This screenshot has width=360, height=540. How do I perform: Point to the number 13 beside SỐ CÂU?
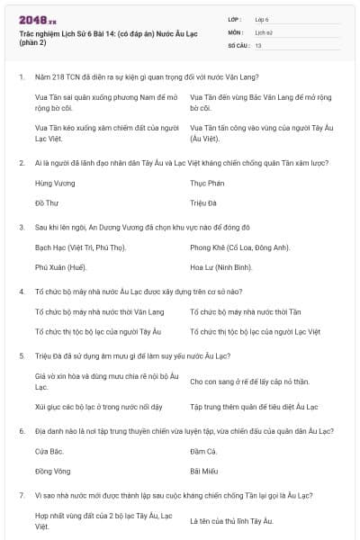[258, 44]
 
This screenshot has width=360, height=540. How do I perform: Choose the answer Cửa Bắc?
[49, 450]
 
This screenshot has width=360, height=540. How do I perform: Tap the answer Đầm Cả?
[204, 450]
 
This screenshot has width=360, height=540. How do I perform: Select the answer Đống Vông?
[52, 472]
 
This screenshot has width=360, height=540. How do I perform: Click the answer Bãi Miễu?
[206, 472]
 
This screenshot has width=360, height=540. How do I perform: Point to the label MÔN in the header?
[235, 31]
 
